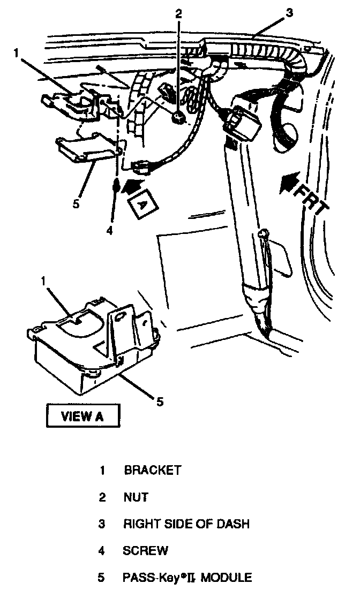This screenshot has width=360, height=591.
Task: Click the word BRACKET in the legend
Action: pos(153,471)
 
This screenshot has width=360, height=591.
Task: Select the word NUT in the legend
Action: pos(136,497)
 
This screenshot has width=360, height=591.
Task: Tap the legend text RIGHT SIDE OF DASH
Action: pos(186,524)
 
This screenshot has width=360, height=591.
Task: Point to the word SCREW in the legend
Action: pos(146,550)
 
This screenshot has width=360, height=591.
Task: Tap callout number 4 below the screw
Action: pos(109,231)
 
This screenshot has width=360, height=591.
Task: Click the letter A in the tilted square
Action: pos(141,204)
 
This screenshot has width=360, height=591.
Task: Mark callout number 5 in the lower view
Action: pos(159,401)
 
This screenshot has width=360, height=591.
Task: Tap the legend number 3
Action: pos(102,524)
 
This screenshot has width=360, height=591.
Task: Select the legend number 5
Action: pos(102,578)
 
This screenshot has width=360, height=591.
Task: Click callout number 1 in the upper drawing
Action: pos(17,53)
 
